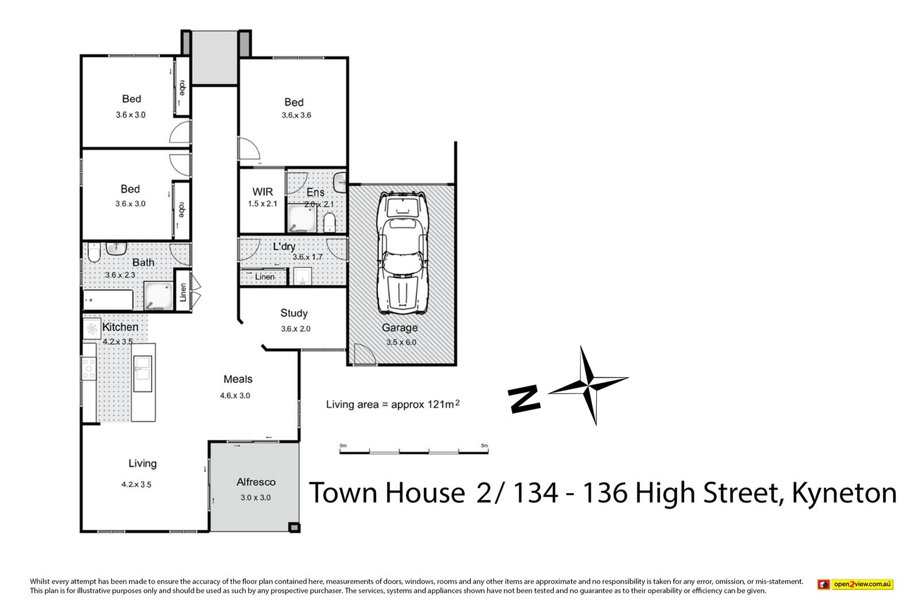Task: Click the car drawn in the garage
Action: click(x=401, y=254)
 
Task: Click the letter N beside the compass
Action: click(x=524, y=398)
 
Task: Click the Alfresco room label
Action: click(x=256, y=482)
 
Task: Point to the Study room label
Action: click(x=294, y=313)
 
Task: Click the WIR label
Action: click(x=262, y=192)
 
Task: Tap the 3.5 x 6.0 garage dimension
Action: click(x=401, y=342)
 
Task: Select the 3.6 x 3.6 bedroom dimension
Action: click(x=296, y=115)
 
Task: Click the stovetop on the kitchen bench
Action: click(x=89, y=368)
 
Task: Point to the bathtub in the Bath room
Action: click(x=109, y=300)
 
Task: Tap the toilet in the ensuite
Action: click(x=330, y=223)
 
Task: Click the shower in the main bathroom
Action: click(x=157, y=296)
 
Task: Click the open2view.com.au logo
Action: click(x=855, y=584)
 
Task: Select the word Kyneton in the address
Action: click(x=844, y=493)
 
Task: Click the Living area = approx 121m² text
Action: click(x=393, y=404)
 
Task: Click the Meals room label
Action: click(x=238, y=379)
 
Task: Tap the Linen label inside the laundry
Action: click(x=265, y=277)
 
